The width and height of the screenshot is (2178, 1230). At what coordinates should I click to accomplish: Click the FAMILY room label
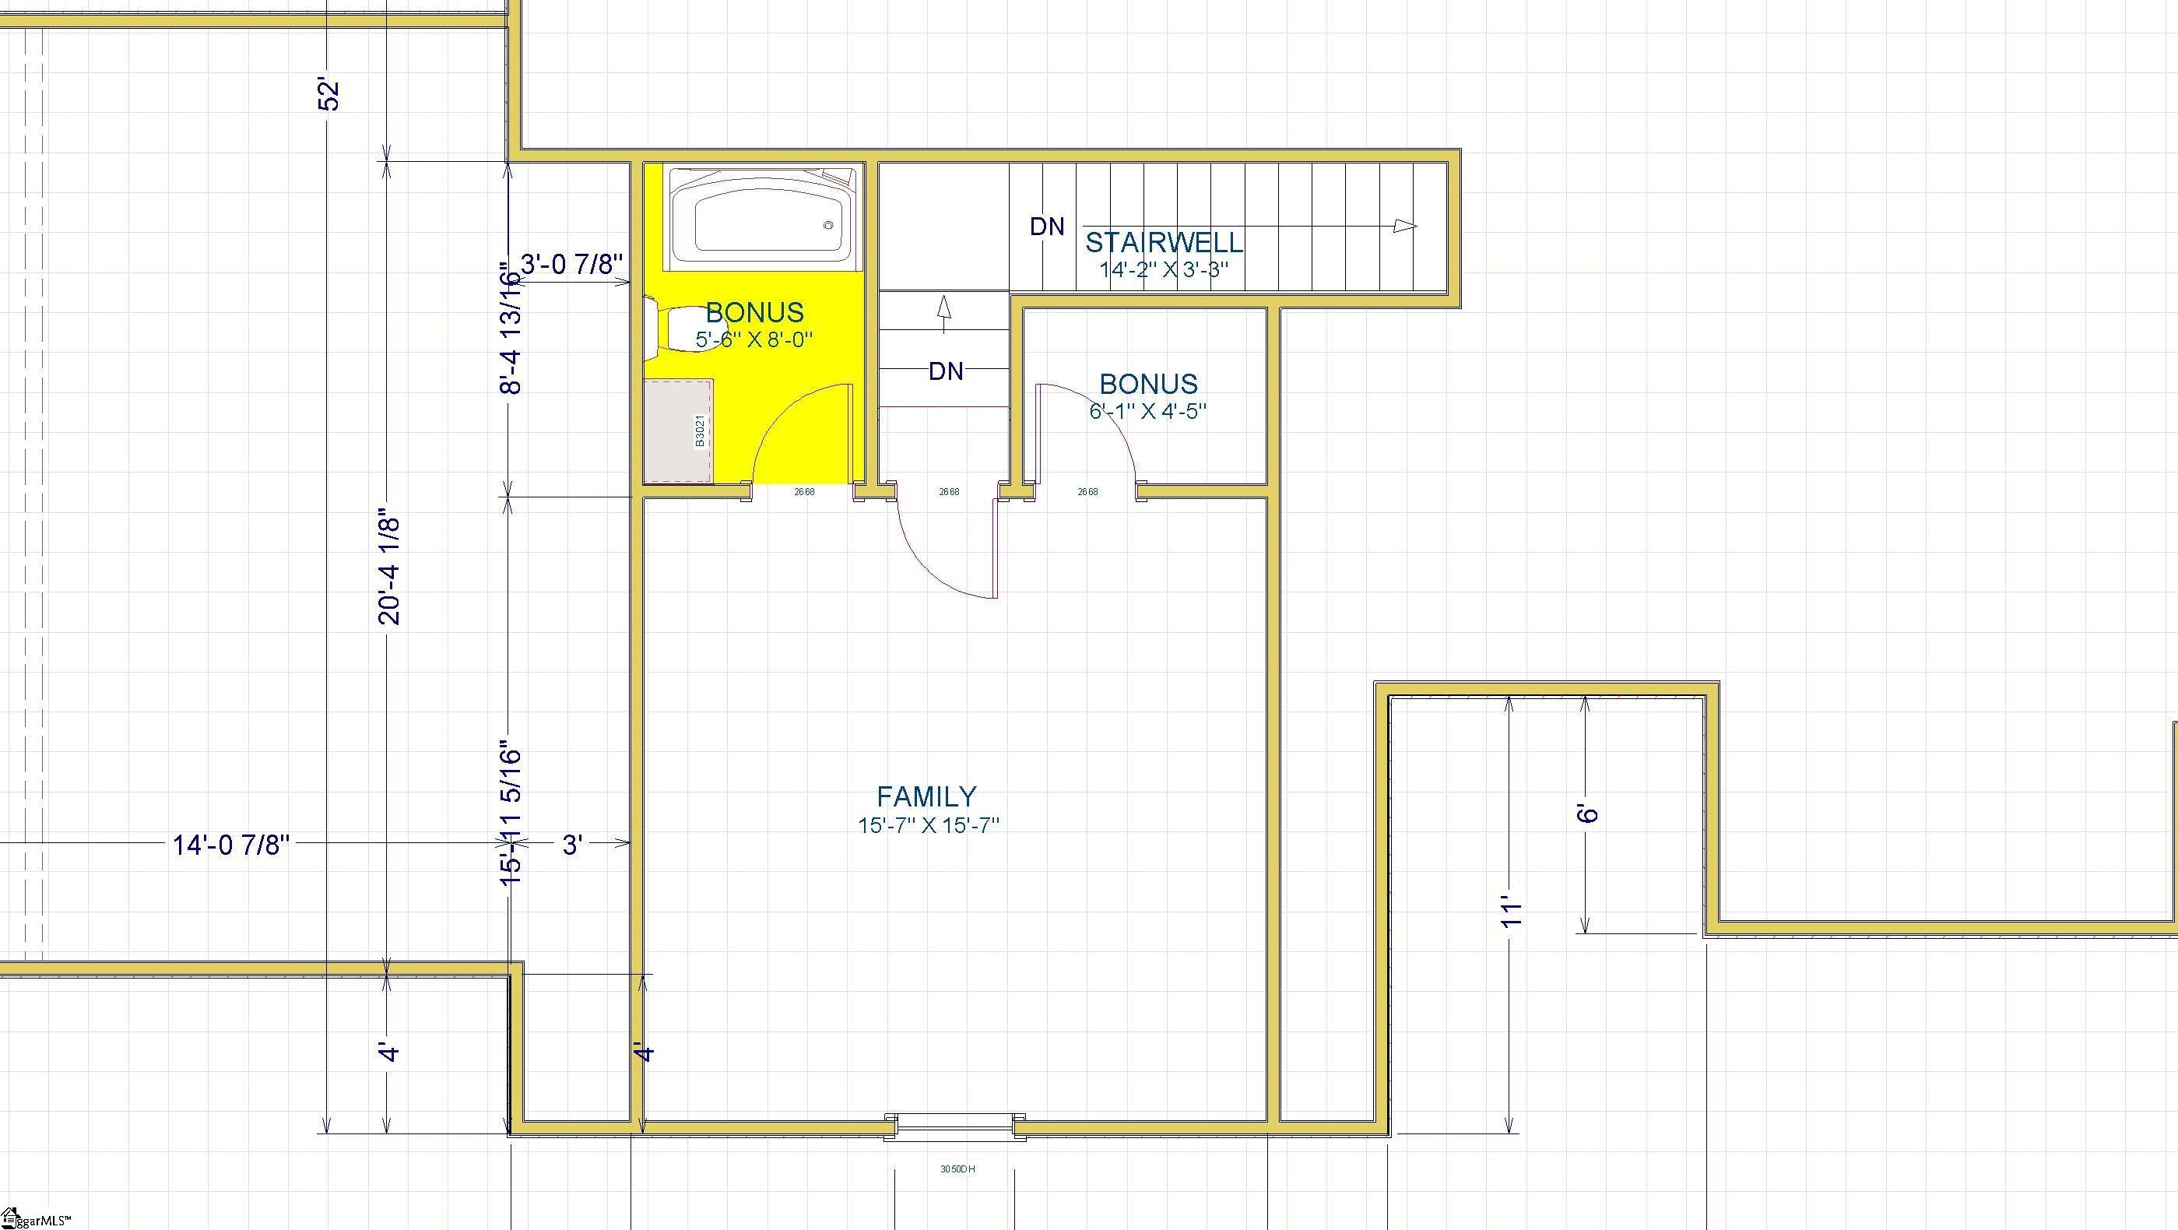click(x=926, y=796)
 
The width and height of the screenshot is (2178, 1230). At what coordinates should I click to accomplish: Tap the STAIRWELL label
click(x=1165, y=243)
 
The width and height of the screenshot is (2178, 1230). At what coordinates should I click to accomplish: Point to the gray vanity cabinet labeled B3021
click(x=677, y=432)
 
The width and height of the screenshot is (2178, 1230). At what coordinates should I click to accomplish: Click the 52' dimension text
click(x=329, y=95)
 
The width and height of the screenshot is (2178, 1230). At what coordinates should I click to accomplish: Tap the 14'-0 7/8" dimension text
click(x=231, y=845)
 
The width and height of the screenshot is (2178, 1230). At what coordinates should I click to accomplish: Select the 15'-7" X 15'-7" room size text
click(x=929, y=825)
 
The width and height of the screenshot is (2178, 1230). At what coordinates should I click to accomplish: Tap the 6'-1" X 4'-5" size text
click(x=1147, y=412)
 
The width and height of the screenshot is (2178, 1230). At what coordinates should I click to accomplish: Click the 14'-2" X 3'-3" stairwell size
click(x=1164, y=269)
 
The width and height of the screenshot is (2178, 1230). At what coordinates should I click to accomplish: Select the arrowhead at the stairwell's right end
click(x=1404, y=226)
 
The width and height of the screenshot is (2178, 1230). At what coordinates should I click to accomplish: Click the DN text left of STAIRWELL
click(x=1047, y=227)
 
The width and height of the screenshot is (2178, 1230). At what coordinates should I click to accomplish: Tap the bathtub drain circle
click(x=828, y=225)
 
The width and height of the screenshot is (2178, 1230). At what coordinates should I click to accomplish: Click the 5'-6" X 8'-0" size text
click(x=754, y=340)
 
